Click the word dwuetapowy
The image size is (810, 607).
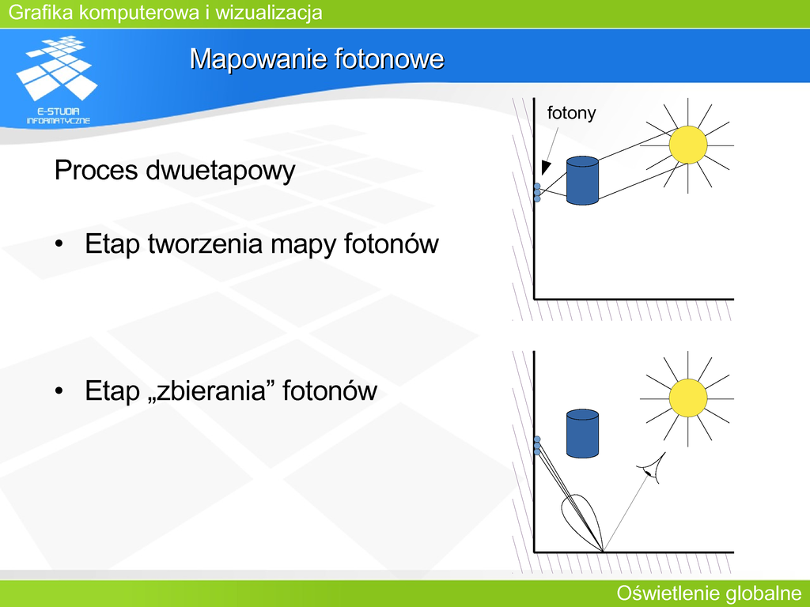(221, 171)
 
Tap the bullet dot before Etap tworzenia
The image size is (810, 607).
(59, 244)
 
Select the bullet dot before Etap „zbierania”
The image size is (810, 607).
(59, 390)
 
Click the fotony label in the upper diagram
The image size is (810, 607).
(571, 113)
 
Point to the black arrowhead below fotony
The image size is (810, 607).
(546, 168)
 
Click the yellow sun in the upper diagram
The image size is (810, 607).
(687, 145)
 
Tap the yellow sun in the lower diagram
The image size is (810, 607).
(687, 398)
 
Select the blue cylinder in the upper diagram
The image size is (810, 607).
(582, 181)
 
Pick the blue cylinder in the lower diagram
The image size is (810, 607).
(582, 434)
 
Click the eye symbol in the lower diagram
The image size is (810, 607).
(653, 468)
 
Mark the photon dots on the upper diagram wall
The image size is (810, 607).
(537, 192)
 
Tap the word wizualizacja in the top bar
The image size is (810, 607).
(269, 13)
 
